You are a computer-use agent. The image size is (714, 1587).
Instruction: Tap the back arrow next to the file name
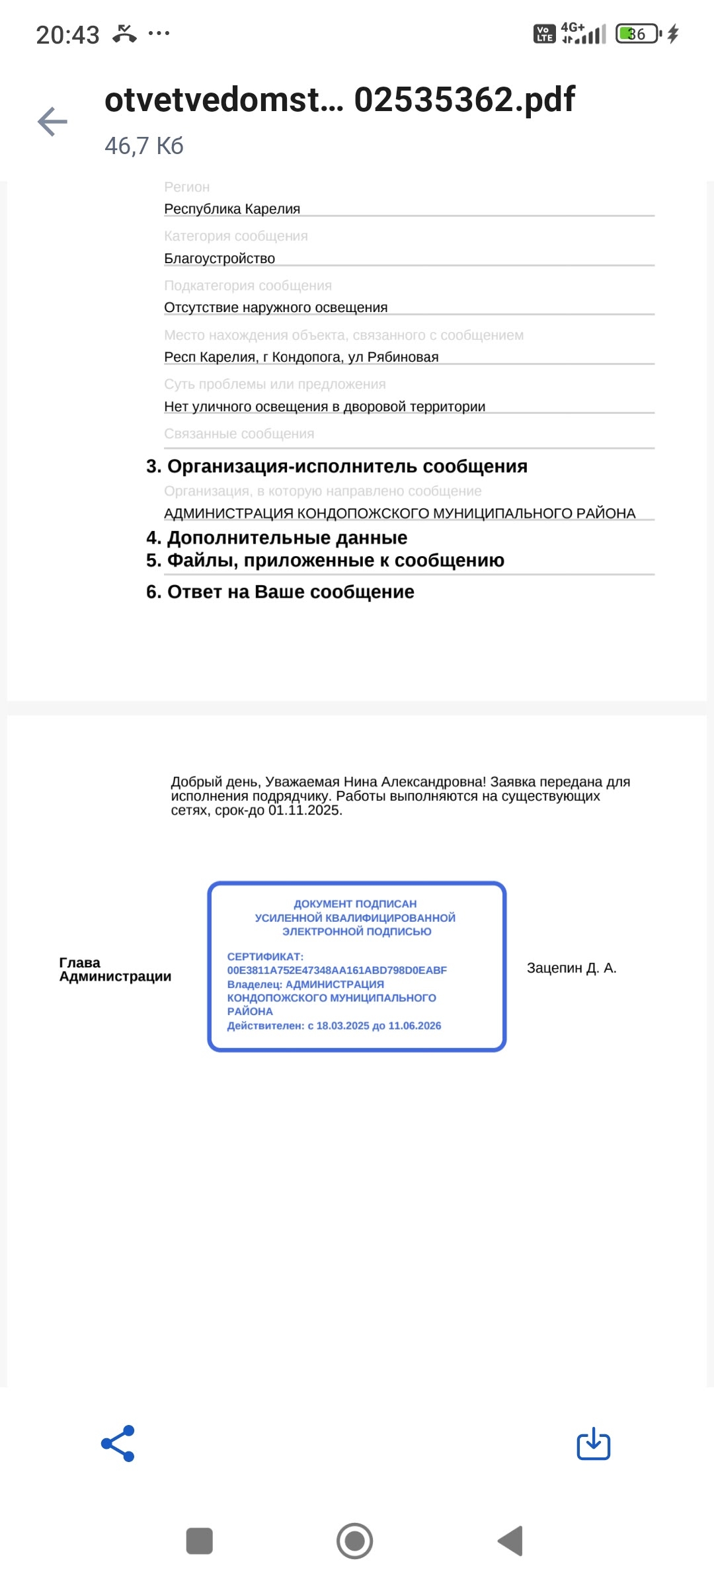point(53,122)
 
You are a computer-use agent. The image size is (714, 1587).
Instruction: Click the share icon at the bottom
point(118,1443)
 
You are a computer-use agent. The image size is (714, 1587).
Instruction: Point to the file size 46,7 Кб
point(144,146)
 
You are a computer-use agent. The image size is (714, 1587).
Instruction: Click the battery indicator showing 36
point(637,34)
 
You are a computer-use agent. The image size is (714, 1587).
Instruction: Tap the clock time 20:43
point(67,34)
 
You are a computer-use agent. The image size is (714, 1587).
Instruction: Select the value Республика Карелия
point(232,209)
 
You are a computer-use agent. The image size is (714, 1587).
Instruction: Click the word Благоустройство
point(219,259)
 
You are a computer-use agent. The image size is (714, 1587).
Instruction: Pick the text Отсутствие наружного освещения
point(276,307)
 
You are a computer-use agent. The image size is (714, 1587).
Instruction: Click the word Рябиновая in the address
point(403,357)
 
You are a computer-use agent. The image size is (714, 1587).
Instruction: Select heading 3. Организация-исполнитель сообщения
point(337,466)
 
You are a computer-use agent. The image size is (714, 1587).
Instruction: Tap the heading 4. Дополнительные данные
point(276,538)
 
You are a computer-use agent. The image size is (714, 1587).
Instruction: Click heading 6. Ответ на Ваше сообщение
point(280,592)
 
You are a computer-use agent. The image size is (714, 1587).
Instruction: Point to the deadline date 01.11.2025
point(304,811)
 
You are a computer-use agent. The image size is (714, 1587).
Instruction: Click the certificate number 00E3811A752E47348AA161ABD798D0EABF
point(337,970)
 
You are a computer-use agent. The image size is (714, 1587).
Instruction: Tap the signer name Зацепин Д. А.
point(571,968)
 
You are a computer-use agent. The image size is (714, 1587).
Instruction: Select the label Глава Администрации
point(115,969)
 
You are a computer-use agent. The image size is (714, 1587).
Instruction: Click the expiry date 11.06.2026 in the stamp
point(415,1026)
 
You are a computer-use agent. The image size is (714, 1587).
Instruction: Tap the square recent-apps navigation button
point(200,1541)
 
